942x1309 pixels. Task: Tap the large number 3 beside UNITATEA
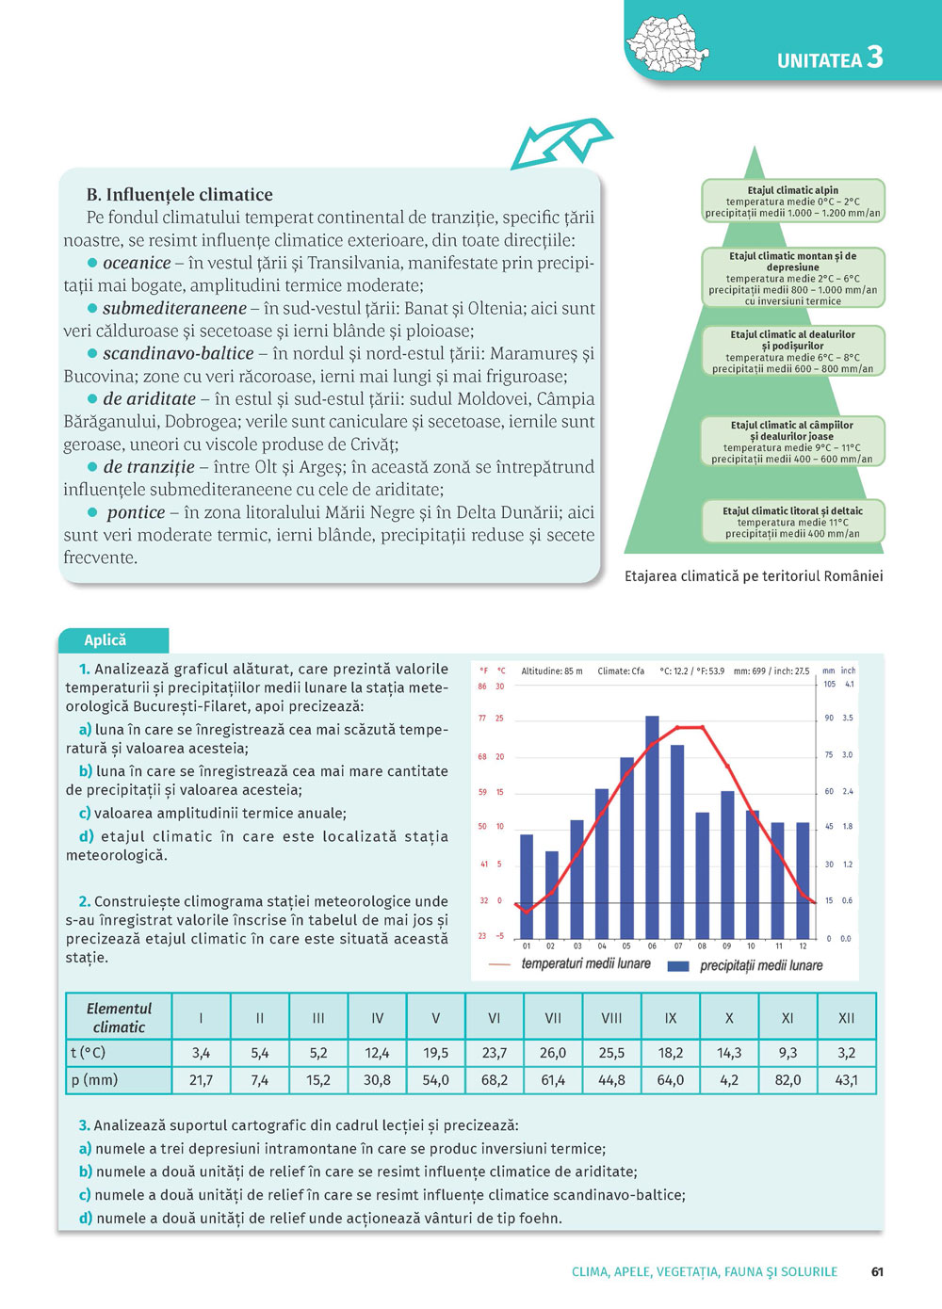(x=875, y=57)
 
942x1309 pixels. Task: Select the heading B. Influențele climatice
(x=180, y=195)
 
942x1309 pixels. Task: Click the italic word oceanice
(x=137, y=263)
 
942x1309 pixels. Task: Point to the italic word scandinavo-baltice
(x=178, y=353)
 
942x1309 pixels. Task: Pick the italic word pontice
(x=136, y=512)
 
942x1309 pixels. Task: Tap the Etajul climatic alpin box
(x=792, y=202)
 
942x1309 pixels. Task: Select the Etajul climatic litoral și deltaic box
(x=792, y=522)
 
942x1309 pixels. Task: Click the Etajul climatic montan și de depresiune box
(x=792, y=278)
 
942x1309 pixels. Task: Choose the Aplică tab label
(x=106, y=640)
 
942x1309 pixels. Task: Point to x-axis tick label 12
(x=803, y=945)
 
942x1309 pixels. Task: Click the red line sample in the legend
(x=500, y=964)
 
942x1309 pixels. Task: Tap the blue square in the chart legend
(x=677, y=965)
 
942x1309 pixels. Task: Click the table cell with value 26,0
(x=553, y=1053)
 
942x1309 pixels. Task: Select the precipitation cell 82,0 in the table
(x=788, y=1080)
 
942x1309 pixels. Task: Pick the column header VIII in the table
(x=611, y=1017)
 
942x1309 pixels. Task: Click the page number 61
(x=877, y=1271)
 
